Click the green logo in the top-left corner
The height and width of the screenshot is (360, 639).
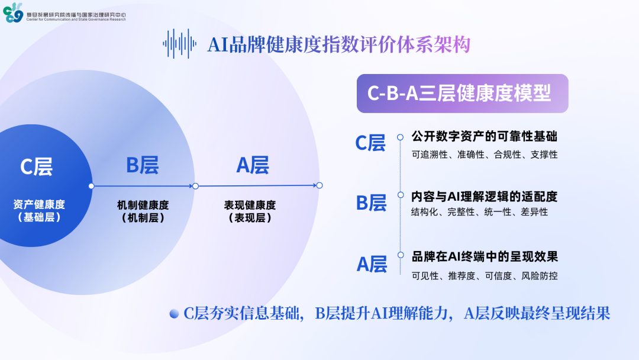click(12, 12)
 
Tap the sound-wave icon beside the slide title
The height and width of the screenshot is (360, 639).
click(179, 44)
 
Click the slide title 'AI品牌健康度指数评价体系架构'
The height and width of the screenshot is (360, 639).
click(338, 44)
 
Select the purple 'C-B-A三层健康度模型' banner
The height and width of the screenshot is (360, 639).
click(462, 94)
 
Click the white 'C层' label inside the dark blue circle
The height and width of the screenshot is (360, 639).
click(36, 166)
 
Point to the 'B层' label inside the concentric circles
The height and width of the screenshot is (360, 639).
click(142, 165)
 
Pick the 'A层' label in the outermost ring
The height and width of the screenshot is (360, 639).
click(253, 165)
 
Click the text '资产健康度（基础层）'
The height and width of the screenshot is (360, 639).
click(39, 211)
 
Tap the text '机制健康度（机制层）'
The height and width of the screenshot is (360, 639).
click(143, 211)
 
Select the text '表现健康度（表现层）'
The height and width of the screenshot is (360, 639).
click(250, 211)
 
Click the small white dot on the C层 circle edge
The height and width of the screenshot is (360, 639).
click(91, 186)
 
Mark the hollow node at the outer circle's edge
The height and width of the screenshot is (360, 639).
click(319, 185)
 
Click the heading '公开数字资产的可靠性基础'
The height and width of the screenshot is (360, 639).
click(484, 136)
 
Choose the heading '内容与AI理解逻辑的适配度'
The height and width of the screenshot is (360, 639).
click(484, 197)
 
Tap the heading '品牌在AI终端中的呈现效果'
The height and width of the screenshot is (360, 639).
click(485, 256)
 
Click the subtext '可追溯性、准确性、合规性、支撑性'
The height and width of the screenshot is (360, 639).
click(484, 155)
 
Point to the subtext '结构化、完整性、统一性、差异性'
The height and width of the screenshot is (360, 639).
click(479, 212)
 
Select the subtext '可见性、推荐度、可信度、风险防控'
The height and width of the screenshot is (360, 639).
click(484, 276)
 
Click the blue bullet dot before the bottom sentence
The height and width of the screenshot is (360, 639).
click(174, 314)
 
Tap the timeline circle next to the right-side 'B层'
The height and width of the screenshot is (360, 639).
click(401, 195)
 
